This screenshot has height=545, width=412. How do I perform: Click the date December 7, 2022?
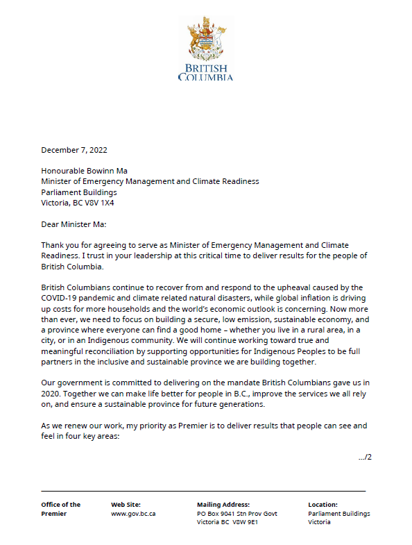tap(74, 149)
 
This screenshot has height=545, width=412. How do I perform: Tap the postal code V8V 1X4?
tap(98, 203)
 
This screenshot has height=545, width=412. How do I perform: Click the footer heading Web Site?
tap(126, 505)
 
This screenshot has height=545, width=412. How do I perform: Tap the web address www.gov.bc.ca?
tap(133, 514)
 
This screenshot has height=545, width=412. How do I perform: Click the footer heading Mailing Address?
tap(223, 505)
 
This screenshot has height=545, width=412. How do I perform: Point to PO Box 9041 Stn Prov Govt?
tap(237, 514)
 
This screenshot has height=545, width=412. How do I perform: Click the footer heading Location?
tap(323, 505)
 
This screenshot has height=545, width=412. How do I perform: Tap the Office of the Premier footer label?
tap(61, 509)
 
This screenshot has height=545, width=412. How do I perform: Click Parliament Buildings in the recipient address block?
tap(79, 192)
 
